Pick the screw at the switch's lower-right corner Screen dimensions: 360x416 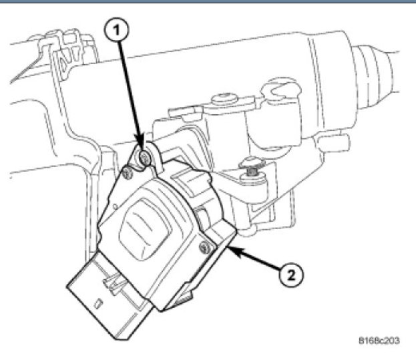click(204, 250)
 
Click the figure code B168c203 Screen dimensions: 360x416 click(379, 341)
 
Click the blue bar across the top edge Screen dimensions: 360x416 click(208, 3)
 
